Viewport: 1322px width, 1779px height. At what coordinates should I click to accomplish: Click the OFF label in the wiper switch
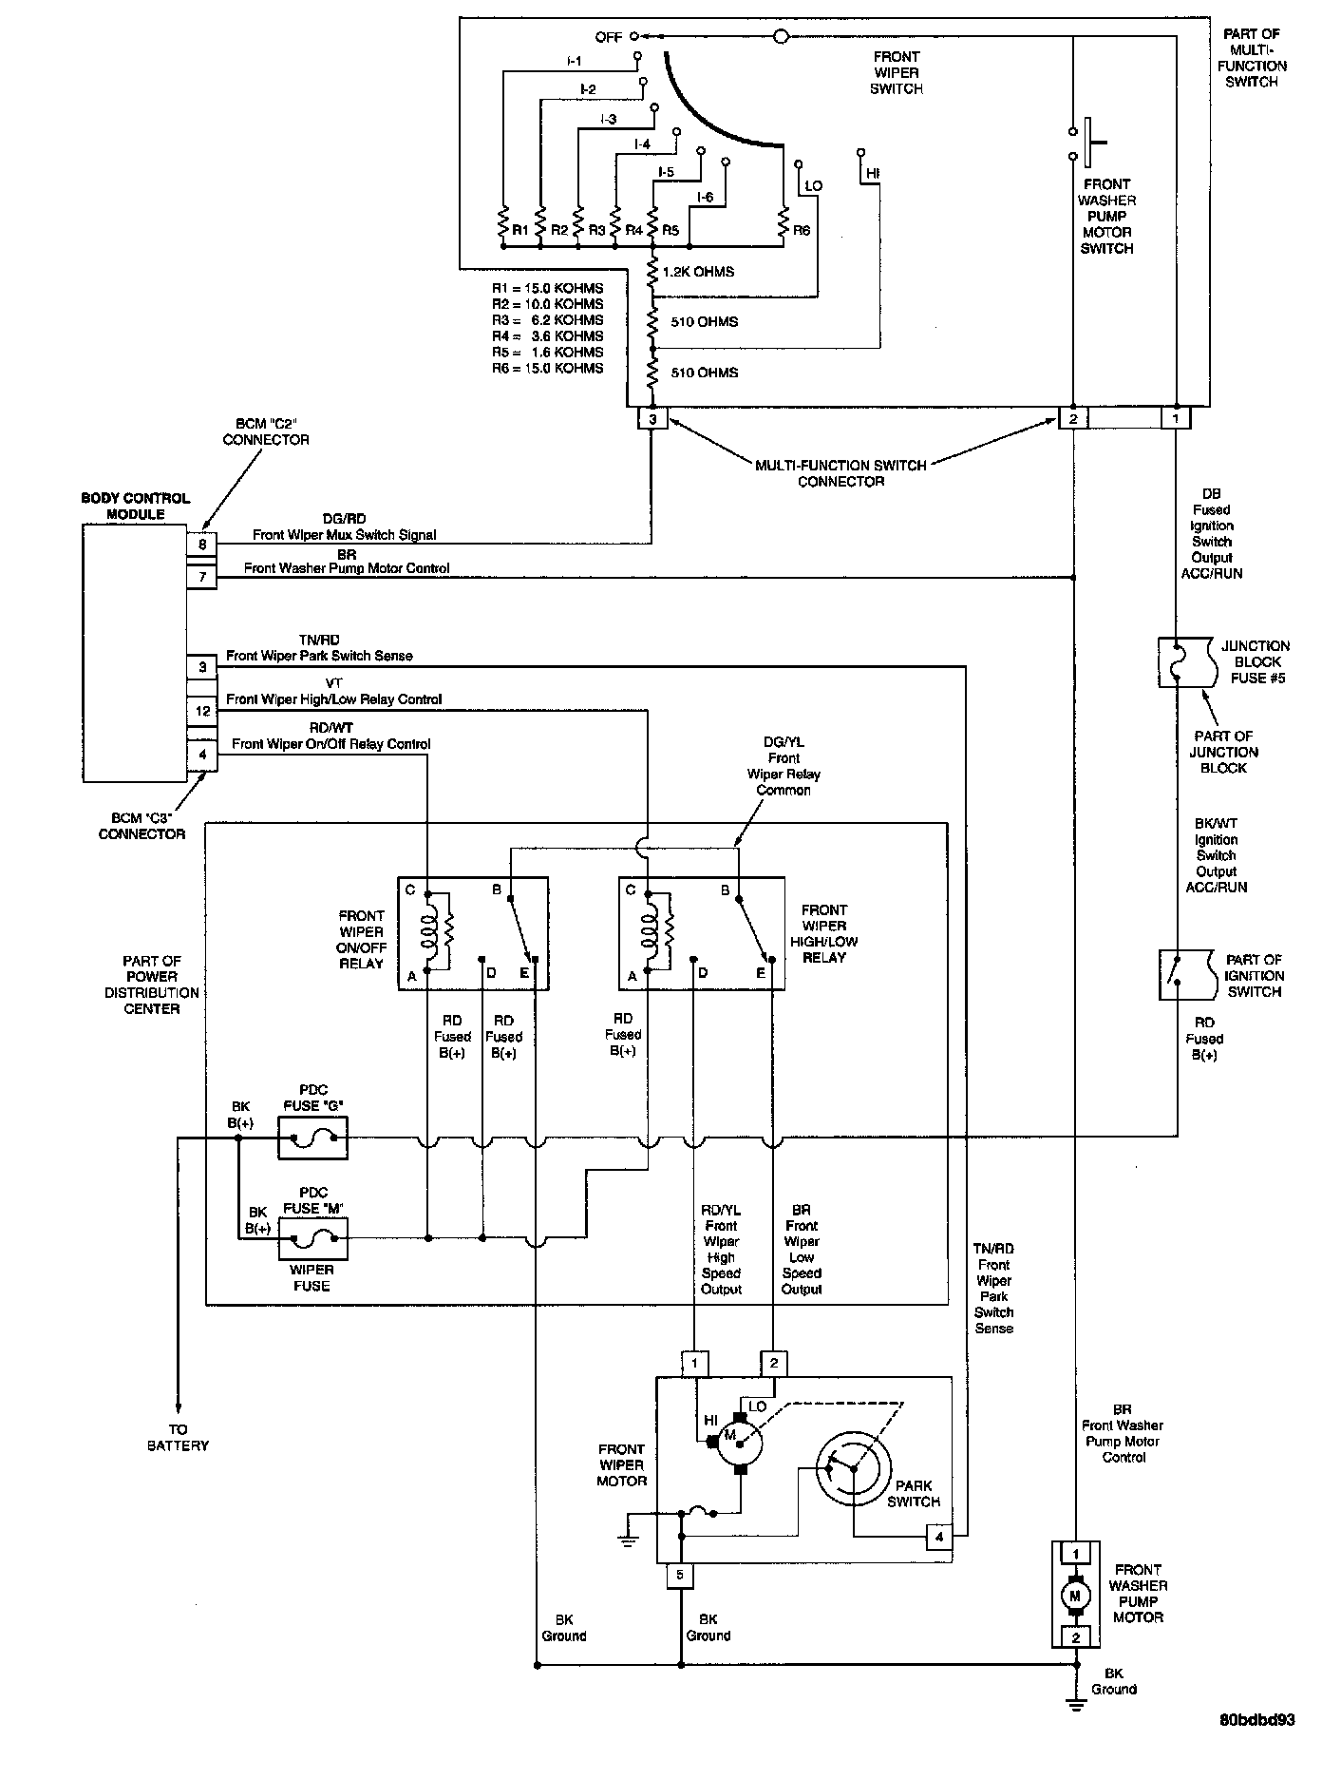(609, 37)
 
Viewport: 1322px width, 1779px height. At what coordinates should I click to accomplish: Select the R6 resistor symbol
(784, 225)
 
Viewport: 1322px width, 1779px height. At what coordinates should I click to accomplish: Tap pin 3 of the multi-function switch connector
(652, 419)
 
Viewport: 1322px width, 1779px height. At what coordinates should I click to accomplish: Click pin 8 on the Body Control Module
(202, 545)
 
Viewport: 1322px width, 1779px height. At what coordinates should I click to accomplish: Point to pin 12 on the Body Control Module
(202, 711)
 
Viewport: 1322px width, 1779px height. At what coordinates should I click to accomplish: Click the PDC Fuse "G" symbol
(312, 1138)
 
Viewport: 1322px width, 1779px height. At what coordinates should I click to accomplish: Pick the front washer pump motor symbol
(1075, 1596)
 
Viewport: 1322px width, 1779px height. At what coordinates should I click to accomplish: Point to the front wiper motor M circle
(739, 1442)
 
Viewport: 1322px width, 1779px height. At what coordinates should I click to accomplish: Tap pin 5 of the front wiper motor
(680, 1576)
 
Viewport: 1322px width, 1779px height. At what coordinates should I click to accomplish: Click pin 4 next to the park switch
(939, 1537)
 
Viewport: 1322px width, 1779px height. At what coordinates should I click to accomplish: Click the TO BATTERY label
(179, 1437)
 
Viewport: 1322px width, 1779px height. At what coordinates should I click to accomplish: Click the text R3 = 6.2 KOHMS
(547, 320)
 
